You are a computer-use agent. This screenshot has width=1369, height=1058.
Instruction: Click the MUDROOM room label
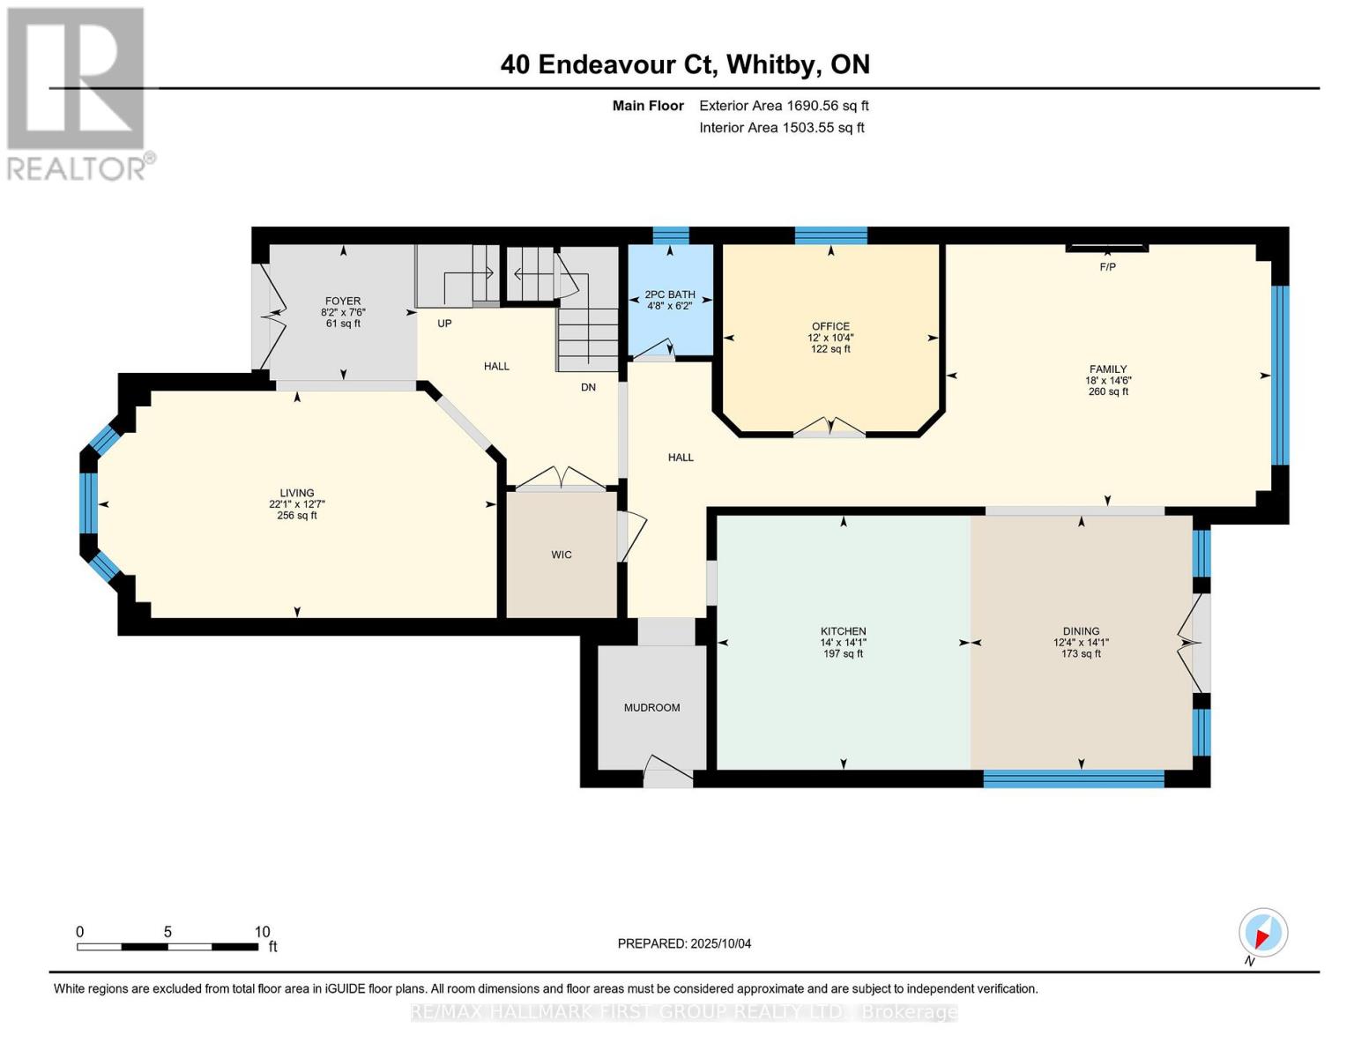(x=651, y=707)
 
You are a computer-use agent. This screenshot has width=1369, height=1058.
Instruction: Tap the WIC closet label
(x=562, y=555)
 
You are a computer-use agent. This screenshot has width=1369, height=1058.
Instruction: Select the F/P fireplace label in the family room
(x=1107, y=266)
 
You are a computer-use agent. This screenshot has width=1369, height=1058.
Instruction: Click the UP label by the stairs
(x=444, y=324)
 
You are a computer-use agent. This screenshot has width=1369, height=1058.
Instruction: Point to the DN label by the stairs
(x=588, y=387)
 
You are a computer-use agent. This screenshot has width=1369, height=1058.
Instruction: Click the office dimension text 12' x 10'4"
(x=830, y=338)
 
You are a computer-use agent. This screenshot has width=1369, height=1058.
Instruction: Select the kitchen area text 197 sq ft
(x=843, y=653)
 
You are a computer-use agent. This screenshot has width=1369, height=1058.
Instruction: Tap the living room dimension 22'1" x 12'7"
(x=297, y=504)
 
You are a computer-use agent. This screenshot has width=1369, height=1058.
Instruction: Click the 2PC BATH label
(x=670, y=294)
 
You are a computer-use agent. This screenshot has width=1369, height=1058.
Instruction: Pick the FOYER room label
(x=343, y=301)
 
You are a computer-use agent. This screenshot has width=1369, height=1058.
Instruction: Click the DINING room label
(x=1081, y=631)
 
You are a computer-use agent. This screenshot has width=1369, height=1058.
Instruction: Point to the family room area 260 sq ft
(x=1108, y=391)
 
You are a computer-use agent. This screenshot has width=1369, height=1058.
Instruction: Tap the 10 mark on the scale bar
(x=262, y=932)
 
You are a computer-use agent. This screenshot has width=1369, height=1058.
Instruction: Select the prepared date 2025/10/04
(x=720, y=943)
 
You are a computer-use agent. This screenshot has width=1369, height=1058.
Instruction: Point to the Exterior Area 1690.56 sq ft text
(x=784, y=106)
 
